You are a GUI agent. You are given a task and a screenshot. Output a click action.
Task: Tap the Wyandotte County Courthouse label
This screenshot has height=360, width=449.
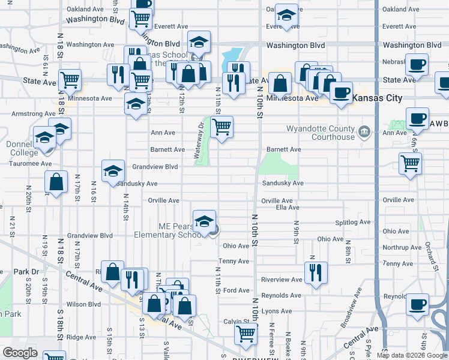pyautogui.click(x=321, y=133)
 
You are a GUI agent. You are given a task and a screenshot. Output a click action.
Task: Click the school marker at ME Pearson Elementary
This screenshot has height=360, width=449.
pyautogui.click(x=204, y=221)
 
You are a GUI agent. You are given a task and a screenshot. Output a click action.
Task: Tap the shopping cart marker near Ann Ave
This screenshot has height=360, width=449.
pyautogui.click(x=222, y=127)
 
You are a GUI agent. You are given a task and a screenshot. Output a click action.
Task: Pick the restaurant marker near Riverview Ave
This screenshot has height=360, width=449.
pyautogui.click(x=312, y=273)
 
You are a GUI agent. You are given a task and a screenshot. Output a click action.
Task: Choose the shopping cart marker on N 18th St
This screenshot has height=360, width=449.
pyautogui.click(x=70, y=79)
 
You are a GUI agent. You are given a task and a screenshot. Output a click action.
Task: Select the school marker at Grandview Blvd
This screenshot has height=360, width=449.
pyautogui.click(x=112, y=172)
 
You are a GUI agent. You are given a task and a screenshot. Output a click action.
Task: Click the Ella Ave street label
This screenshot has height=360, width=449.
pyautogui.click(x=287, y=208)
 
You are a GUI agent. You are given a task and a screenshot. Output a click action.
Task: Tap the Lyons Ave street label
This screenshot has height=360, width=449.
pyautogui.click(x=276, y=311)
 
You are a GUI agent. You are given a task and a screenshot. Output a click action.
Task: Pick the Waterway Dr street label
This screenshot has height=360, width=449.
pyautogui.click(x=197, y=142)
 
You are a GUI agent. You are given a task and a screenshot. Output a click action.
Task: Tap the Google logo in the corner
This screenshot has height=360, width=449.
pyautogui.click(x=20, y=352)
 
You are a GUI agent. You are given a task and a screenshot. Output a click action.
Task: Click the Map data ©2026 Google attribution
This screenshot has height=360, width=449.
pyautogui.click(x=411, y=355)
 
